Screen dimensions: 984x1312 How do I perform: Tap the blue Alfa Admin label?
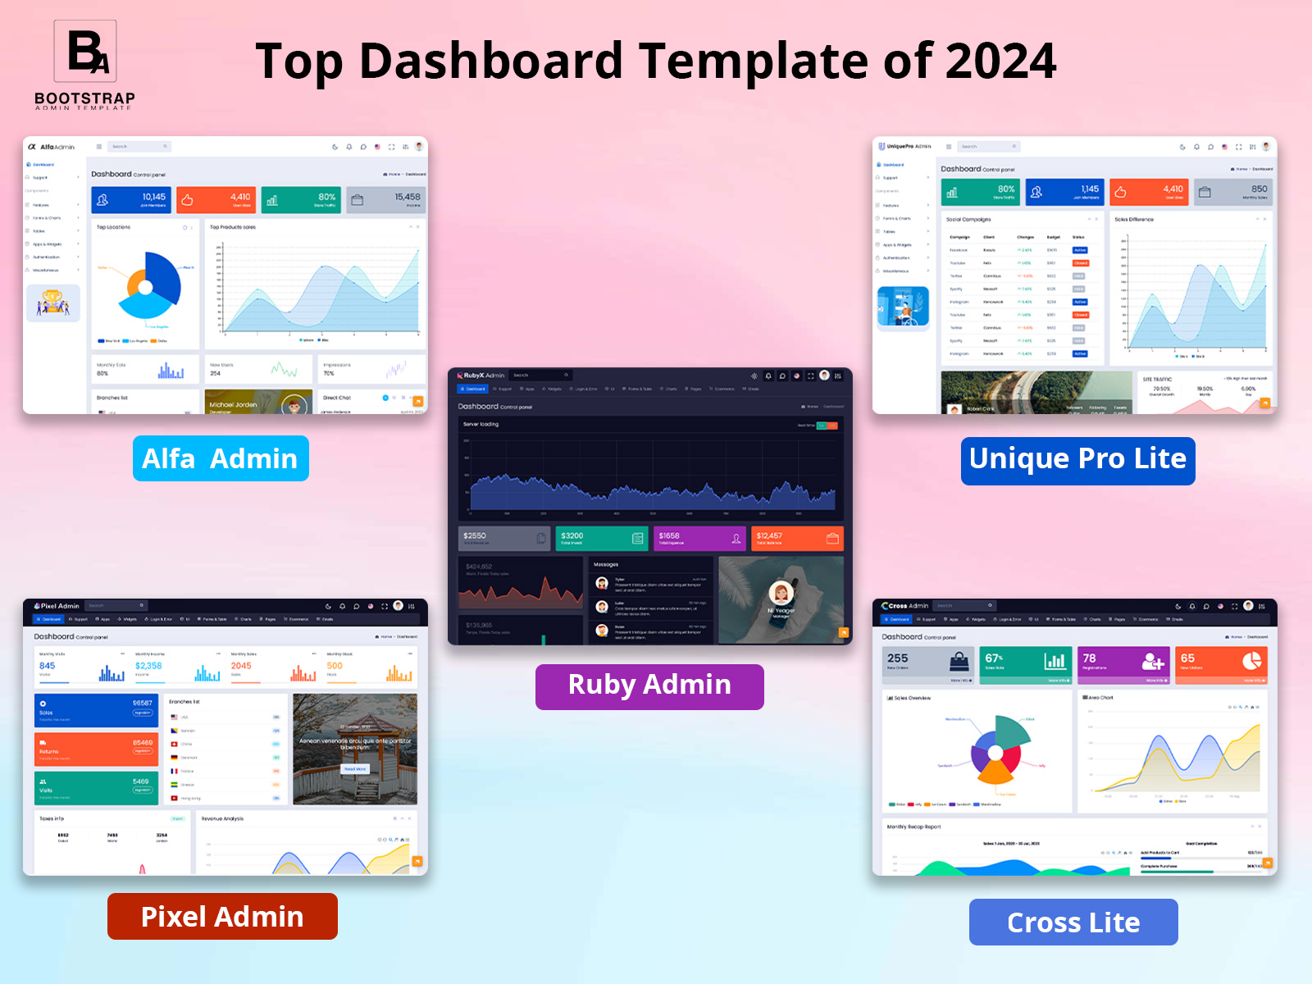point(221,458)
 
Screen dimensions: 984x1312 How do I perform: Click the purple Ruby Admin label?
point(649,686)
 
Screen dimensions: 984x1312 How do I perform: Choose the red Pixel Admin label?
point(222,916)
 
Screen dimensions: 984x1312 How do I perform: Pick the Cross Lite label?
point(1073,922)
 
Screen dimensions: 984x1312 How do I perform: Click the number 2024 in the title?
point(1000,61)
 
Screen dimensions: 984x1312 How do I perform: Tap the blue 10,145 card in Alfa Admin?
point(131,199)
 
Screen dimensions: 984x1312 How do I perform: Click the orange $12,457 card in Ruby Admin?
point(797,538)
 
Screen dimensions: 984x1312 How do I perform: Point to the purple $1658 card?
point(699,538)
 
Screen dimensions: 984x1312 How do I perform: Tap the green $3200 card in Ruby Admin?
point(602,538)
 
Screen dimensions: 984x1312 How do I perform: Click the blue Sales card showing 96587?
point(96,710)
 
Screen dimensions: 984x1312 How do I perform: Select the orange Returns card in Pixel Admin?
point(96,749)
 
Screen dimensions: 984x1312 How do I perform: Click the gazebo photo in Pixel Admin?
point(355,749)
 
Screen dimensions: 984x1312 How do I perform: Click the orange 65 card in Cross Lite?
point(1222,663)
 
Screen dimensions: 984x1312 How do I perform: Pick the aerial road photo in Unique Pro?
point(1036,392)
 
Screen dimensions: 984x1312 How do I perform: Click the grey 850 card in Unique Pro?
point(1233,192)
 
